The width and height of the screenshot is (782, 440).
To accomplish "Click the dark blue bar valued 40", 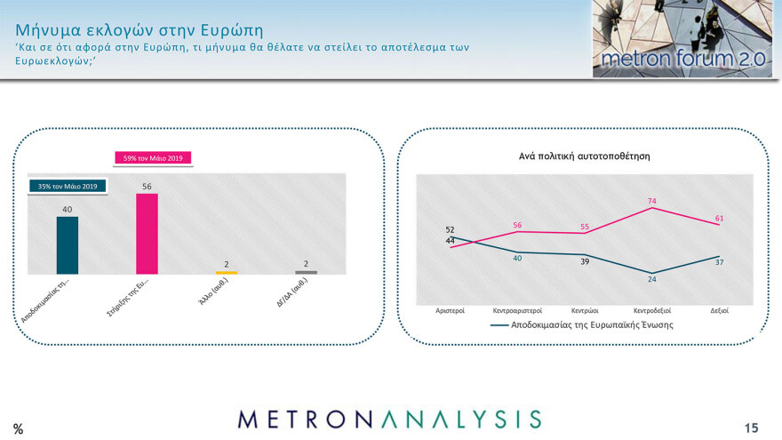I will tap(68, 245).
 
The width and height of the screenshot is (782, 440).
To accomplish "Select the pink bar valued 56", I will tap(147, 234).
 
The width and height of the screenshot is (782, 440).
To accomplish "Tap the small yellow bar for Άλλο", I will tap(227, 272).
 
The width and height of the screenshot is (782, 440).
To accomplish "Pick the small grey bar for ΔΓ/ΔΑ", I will tap(306, 272).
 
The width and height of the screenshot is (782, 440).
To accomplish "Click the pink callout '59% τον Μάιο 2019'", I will tap(154, 158).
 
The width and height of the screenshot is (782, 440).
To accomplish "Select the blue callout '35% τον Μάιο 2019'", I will tap(68, 186).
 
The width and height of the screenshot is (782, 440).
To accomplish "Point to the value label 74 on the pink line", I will tap(652, 201).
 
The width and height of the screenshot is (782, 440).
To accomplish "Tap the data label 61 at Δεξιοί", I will tap(720, 218).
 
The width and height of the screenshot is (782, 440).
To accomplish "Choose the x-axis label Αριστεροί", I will tap(451, 311).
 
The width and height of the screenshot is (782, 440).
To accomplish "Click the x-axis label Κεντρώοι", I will tap(585, 311).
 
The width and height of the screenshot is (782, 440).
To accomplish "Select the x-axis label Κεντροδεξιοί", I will tap(652, 311).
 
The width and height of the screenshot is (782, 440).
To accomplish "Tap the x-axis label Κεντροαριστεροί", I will tap(517, 311).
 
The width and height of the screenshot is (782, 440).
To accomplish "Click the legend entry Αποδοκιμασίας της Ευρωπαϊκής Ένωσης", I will tap(582, 325).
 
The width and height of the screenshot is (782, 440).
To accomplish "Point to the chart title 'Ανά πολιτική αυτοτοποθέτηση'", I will tap(585, 156).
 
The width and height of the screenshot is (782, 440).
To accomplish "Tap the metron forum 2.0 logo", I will tap(682, 39).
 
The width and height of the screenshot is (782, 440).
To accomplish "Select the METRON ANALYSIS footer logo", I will tap(389, 419).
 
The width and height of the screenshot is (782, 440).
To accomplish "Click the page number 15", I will tap(752, 428).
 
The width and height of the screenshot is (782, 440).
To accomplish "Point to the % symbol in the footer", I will tap(18, 429).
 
